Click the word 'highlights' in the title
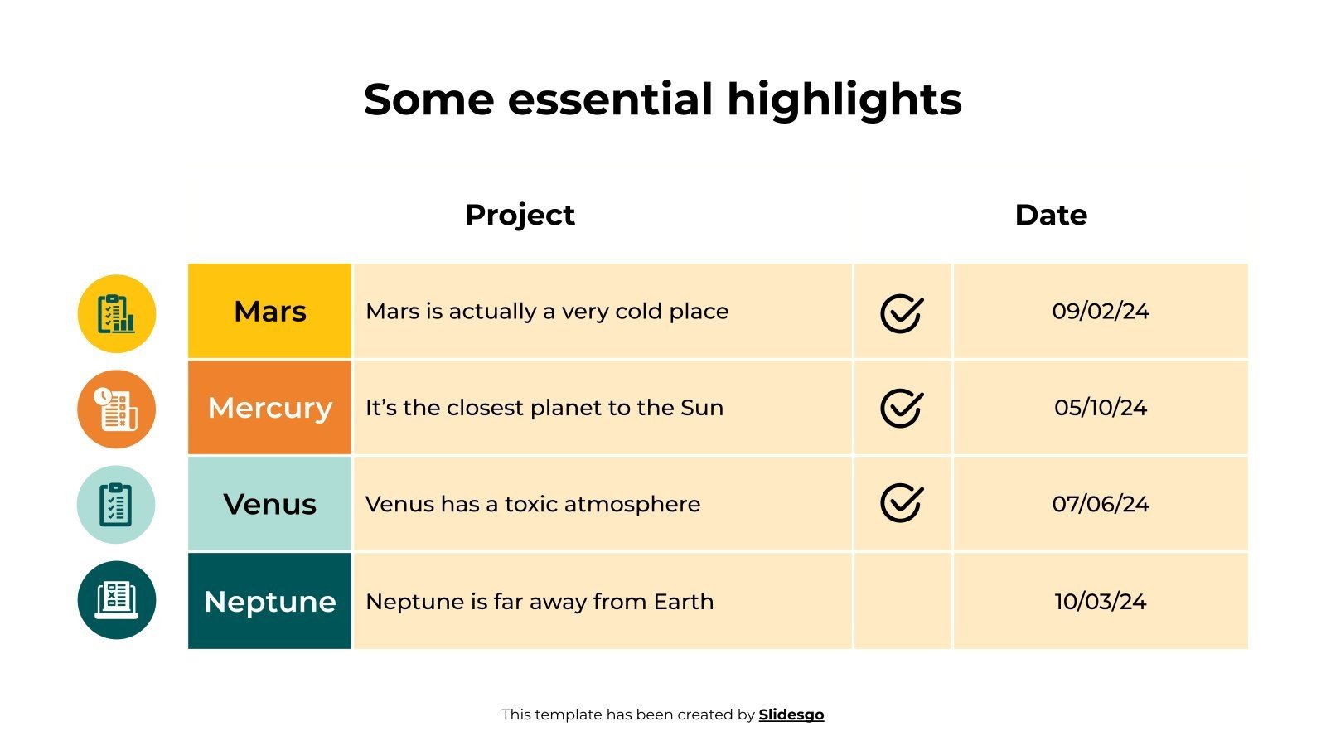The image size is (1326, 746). pos(844,100)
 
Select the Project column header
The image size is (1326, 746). pos(520,215)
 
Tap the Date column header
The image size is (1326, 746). pos(1051,215)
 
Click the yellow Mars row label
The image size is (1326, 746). pos(270,312)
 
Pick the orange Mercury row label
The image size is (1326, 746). pos(270,408)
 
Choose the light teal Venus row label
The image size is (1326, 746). pos(270,504)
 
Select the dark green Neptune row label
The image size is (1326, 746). pos(270,601)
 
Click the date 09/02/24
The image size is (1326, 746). pos(1101,312)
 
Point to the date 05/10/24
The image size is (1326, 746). pos(1101,408)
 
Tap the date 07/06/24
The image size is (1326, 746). pos(1101,504)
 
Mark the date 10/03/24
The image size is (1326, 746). pos(1101,601)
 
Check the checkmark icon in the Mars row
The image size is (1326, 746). pos(902,313)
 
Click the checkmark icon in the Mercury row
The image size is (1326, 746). pos(902,408)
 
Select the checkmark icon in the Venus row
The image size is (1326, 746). pos(902,503)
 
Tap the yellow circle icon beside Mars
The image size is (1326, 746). pos(117,314)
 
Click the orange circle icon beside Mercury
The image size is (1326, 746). pos(117,409)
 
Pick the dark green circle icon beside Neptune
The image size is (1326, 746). pos(117,600)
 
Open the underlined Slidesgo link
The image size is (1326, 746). pos(791,715)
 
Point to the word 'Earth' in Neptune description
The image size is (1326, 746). pos(683,601)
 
